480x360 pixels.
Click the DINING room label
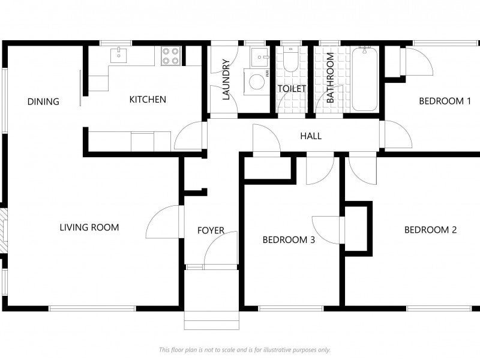tap(43, 101)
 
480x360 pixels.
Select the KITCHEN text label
tap(148, 100)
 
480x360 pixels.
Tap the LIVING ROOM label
tap(89, 227)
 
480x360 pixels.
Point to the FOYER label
tap(211, 230)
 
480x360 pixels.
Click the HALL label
tap(311, 136)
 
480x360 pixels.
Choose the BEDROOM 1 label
tap(445, 101)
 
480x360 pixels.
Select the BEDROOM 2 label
tap(431, 229)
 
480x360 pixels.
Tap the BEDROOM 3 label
tap(289, 240)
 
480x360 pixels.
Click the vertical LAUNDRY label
tap(226, 79)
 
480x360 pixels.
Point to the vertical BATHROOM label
tap(330, 78)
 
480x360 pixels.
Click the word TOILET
tap(292, 89)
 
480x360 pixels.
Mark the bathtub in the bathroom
tap(364, 79)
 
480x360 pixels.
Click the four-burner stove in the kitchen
tap(170, 56)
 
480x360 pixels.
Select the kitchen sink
tap(119, 55)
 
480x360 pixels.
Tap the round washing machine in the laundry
tap(257, 82)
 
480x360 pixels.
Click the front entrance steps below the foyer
tap(211, 319)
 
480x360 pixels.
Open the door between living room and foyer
tap(164, 222)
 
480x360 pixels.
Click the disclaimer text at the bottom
tap(244, 350)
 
